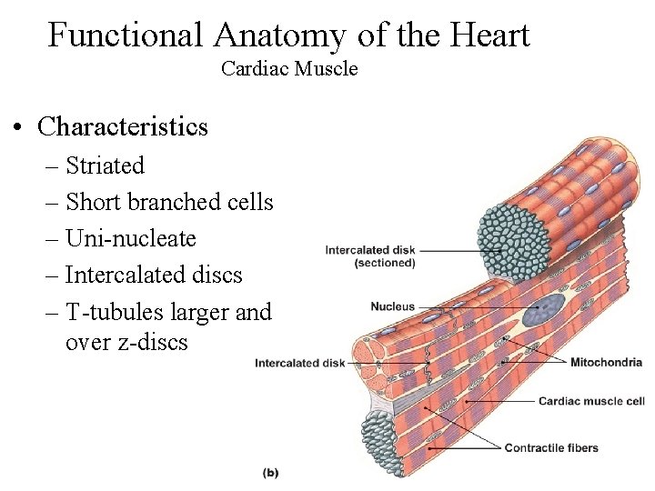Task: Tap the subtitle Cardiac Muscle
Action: point(289,68)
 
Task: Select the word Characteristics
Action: point(123,126)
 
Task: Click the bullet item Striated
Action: point(105,165)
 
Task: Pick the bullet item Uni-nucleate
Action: point(130,238)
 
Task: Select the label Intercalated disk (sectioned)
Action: point(370,256)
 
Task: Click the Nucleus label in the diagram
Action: point(392,307)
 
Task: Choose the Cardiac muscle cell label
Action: point(591,401)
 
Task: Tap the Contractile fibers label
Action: point(551,447)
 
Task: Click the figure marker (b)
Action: point(270,472)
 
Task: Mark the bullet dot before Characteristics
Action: point(19,127)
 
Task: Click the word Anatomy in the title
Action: point(279,35)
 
